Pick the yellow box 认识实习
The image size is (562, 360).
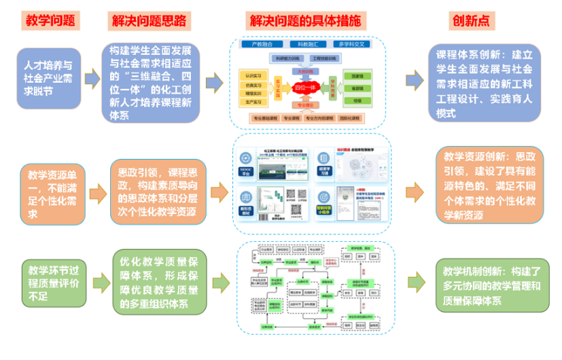pos(252,75)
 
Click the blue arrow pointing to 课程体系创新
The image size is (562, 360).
pos(415,81)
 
